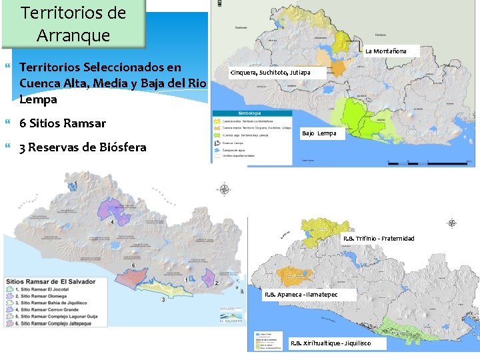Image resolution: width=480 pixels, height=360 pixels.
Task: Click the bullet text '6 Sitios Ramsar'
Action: pyautogui.click(x=63, y=123)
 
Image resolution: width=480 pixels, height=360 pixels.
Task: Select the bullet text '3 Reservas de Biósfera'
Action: pyautogui.click(x=83, y=147)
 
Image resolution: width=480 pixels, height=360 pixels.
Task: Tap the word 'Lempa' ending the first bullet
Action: pyautogui.click(x=39, y=99)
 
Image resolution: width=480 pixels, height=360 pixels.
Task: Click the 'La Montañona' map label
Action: pyautogui.click(x=390, y=51)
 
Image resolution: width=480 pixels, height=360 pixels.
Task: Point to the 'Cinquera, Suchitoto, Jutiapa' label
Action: pyautogui.click(x=270, y=72)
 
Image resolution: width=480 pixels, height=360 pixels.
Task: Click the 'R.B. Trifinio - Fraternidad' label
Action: pyautogui.click(x=379, y=239)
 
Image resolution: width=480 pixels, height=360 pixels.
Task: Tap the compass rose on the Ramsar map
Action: pyautogui.click(x=225, y=190)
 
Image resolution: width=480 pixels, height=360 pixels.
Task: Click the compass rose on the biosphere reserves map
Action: pyautogui.click(x=452, y=223)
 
